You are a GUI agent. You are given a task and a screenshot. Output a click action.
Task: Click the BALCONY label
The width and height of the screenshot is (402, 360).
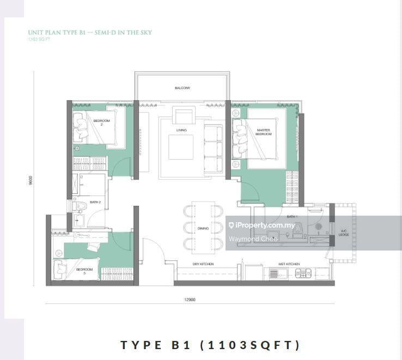(182, 88)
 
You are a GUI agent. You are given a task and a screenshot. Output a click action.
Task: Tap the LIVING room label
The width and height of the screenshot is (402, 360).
(181, 130)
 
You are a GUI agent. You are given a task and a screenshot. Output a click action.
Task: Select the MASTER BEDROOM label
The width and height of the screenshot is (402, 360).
(264, 131)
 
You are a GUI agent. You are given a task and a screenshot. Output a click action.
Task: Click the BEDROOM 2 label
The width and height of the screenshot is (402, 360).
(101, 123)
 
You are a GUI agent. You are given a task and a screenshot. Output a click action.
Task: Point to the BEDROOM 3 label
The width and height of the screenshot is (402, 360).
(84, 270)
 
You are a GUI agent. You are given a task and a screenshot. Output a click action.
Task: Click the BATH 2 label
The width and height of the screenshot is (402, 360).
(96, 202)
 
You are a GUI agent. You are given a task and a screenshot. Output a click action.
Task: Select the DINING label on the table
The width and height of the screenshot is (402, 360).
(203, 228)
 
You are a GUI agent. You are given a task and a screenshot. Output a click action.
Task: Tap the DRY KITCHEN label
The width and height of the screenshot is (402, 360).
(203, 264)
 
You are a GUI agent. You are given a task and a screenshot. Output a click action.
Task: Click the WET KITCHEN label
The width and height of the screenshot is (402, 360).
(289, 264)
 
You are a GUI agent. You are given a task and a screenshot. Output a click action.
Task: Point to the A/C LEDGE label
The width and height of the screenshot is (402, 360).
(344, 233)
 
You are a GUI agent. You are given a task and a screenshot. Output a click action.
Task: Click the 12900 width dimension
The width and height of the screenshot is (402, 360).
(190, 299)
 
